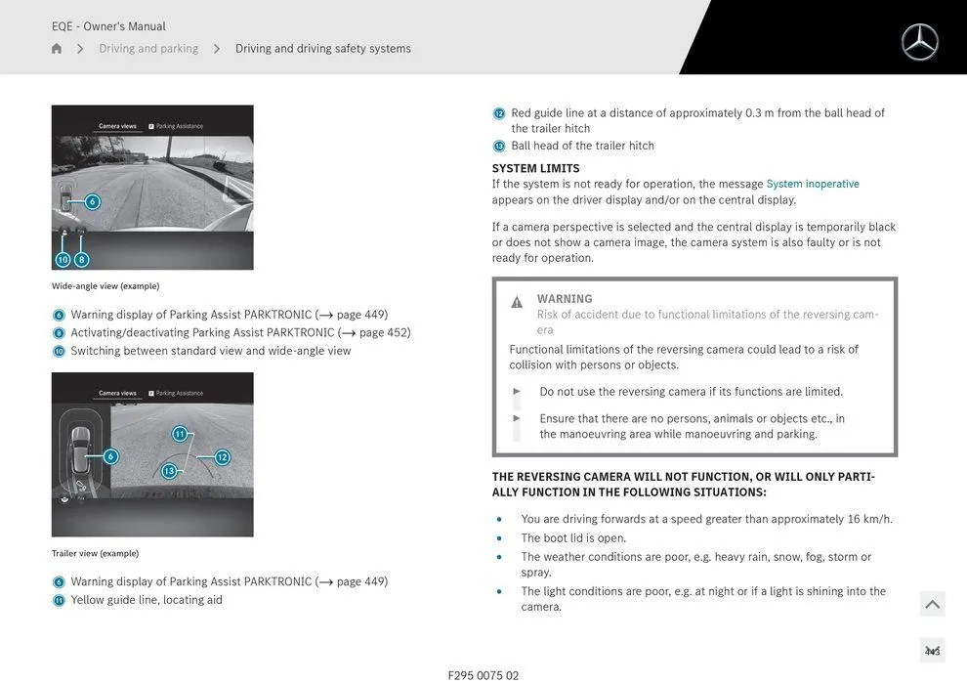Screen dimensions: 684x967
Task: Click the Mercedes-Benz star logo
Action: click(x=919, y=42)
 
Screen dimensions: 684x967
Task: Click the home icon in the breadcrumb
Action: click(x=57, y=49)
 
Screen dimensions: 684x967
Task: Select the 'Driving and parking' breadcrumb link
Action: click(x=148, y=49)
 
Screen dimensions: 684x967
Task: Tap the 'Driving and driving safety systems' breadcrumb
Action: click(x=322, y=49)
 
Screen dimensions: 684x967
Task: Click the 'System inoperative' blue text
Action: click(x=813, y=184)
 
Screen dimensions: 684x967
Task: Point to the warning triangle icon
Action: click(x=517, y=302)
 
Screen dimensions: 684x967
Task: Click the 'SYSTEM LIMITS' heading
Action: click(x=535, y=168)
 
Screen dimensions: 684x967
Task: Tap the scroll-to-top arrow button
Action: click(x=932, y=604)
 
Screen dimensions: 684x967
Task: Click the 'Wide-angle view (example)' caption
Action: click(x=105, y=286)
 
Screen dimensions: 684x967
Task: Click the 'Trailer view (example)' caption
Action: click(x=95, y=553)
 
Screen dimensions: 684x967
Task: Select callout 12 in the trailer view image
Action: click(x=222, y=457)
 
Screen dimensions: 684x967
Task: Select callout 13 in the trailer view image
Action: click(x=169, y=471)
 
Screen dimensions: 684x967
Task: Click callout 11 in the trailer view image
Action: click(x=180, y=434)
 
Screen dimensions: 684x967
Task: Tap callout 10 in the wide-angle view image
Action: click(x=63, y=260)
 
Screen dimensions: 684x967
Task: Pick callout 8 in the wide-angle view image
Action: click(x=81, y=260)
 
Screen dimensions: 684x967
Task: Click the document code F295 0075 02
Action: click(x=483, y=675)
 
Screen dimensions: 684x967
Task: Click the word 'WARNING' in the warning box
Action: click(x=565, y=299)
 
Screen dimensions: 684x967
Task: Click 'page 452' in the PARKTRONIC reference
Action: click(x=383, y=332)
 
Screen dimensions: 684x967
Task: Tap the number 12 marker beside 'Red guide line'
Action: click(x=499, y=113)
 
